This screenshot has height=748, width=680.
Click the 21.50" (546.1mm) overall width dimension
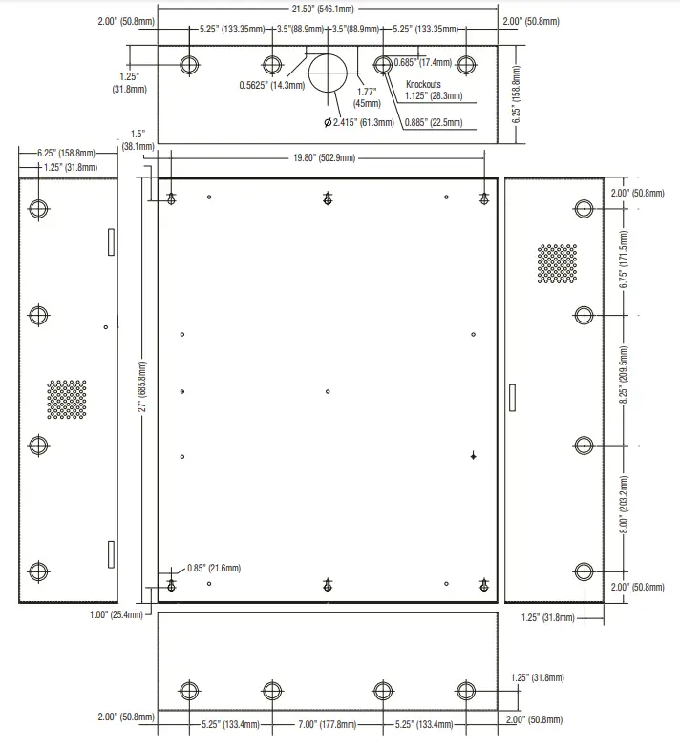click(x=327, y=9)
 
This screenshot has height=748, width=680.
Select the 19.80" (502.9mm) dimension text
click(x=328, y=157)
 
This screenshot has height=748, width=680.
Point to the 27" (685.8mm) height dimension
click(x=143, y=391)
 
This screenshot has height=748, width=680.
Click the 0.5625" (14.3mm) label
click(x=272, y=85)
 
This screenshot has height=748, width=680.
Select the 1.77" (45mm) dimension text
click(x=366, y=97)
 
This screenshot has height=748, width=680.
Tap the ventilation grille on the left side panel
click(x=67, y=400)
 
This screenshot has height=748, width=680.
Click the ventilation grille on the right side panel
click(x=557, y=264)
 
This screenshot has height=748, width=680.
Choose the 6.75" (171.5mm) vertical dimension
click(x=624, y=260)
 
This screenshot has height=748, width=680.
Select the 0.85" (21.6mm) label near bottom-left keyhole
click(x=214, y=568)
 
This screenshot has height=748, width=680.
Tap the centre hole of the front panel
click(x=328, y=391)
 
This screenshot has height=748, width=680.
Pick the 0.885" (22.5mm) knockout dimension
click(x=434, y=122)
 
